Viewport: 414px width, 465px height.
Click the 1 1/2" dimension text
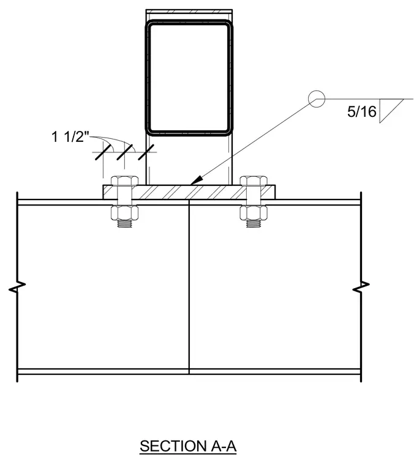click(x=70, y=137)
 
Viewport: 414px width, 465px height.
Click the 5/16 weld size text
click(x=362, y=111)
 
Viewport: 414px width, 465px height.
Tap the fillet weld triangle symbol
click(x=391, y=111)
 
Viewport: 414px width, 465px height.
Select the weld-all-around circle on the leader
click(x=317, y=99)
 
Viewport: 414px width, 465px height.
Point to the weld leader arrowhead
click(x=196, y=180)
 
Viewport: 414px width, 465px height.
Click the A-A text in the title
click(x=224, y=446)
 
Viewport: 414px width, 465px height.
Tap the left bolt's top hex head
click(x=124, y=181)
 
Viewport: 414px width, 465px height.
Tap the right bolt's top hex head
click(x=254, y=181)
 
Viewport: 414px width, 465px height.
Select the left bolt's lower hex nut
click(x=124, y=213)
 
